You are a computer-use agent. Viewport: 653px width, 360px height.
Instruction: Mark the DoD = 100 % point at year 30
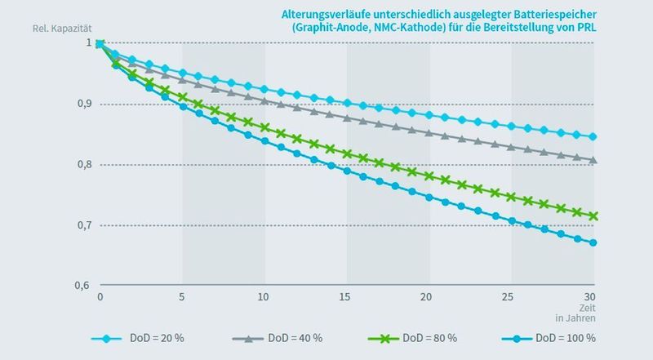point(593,242)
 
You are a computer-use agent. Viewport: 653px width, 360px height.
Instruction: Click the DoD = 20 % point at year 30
point(593,136)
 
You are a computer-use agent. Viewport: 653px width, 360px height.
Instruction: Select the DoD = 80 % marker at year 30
point(593,216)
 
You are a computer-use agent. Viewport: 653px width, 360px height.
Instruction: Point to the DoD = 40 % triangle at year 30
point(593,159)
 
